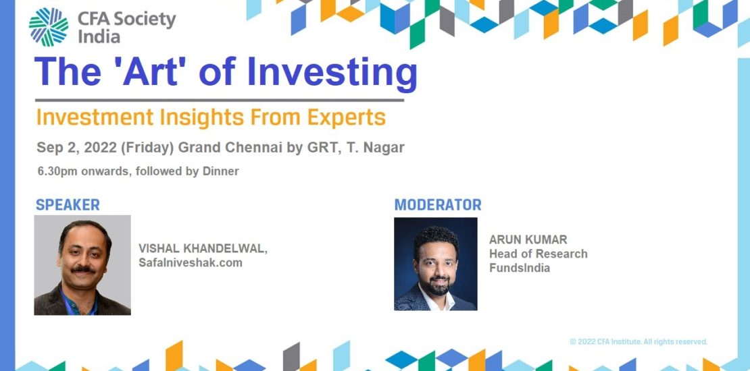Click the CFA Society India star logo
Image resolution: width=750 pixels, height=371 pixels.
click(48, 27)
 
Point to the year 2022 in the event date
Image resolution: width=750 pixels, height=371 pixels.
click(101, 148)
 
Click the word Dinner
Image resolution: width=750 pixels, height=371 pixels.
click(220, 171)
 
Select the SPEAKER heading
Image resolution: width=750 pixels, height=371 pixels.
click(68, 205)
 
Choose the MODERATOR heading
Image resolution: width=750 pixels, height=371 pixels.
click(438, 205)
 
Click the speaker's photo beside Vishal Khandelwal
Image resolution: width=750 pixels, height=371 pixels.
click(82, 265)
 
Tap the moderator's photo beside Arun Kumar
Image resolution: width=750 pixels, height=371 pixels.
click(436, 264)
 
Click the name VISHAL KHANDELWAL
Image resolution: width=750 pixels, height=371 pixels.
click(203, 249)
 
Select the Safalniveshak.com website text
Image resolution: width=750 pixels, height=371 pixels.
click(191, 262)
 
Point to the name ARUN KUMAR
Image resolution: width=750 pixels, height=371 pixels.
click(528, 239)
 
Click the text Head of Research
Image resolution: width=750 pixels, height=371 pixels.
click(538, 254)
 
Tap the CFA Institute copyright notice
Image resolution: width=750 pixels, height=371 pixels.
click(639, 341)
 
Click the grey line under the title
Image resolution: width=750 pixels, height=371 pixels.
click(220, 101)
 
